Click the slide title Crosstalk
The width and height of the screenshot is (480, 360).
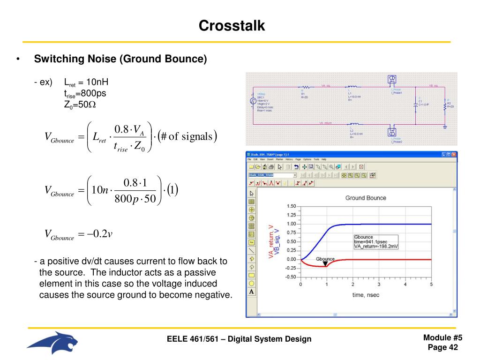point(232,25)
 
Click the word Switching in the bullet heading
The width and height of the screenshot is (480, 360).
point(53,60)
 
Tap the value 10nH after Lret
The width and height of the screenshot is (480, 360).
point(95,82)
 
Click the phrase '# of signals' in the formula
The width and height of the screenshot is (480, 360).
point(187,136)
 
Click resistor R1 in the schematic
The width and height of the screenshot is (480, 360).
point(306,87)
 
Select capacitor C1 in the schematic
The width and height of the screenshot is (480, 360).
point(415,106)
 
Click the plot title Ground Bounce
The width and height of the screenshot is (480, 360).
point(366,198)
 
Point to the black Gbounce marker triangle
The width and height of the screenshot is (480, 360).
point(325,264)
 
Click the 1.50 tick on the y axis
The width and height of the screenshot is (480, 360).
point(291,206)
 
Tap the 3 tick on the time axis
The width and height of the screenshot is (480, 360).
point(379,284)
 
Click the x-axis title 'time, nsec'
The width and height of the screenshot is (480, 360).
point(366,295)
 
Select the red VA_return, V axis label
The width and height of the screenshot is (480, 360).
point(270,241)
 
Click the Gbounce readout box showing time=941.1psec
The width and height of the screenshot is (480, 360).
point(375,241)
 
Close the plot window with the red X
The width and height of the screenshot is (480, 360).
point(453,154)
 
